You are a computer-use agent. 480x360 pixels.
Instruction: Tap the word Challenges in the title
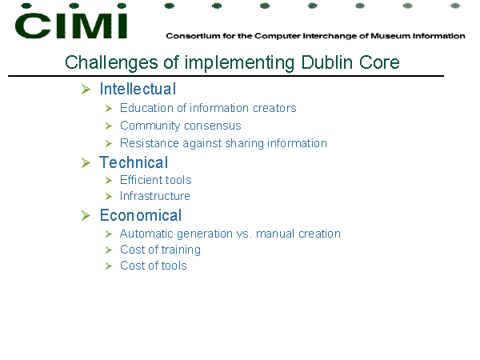point(111,63)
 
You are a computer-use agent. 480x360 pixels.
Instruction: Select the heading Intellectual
point(138,89)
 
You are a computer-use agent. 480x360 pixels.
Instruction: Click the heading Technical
point(134,162)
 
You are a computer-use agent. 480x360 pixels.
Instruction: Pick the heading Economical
point(141,215)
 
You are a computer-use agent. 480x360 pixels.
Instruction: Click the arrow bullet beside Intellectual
point(86,90)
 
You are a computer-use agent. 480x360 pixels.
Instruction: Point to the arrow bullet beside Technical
point(86,162)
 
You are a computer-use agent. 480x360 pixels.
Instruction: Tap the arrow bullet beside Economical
point(86,215)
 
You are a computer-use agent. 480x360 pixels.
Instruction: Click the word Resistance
point(150,143)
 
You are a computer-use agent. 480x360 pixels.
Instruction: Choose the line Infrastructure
point(155,196)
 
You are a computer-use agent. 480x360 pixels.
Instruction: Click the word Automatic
point(146,234)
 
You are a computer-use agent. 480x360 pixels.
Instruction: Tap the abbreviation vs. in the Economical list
point(244,234)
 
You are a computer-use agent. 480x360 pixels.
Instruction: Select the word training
point(181,250)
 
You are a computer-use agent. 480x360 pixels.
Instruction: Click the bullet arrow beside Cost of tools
point(109,266)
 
